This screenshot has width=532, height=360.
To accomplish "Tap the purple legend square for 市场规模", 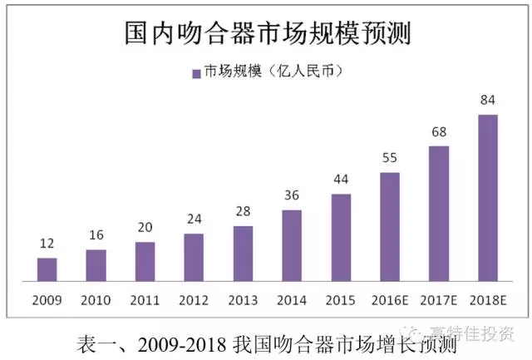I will pyautogui.click(x=196, y=72).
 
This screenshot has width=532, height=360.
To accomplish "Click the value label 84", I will pyautogui.click(x=488, y=101).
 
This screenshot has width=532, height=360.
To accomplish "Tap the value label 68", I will pyautogui.click(x=439, y=132).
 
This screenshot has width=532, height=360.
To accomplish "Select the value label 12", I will pyautogui.click(x=47, y=244).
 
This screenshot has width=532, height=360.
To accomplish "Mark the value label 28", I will pyautogui.click(x=243, y=212).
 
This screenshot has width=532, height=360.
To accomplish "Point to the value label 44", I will pyautogui.click(x=341, y=180).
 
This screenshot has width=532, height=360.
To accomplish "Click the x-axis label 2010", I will pyautogui.click(x=96, y=299).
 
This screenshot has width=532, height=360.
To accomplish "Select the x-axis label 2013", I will pyautogui.click(x=243, y=299).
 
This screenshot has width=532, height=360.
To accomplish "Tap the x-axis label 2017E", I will pyautogui.click(x=439, y=299).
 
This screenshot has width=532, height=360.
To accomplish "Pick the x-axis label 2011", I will pyautogui.click(x=145, y=299).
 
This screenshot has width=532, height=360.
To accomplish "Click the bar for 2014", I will pyautogui.click(x=292, y=247).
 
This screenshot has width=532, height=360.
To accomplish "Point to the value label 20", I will pyautogui.click(x=145, y=228).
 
